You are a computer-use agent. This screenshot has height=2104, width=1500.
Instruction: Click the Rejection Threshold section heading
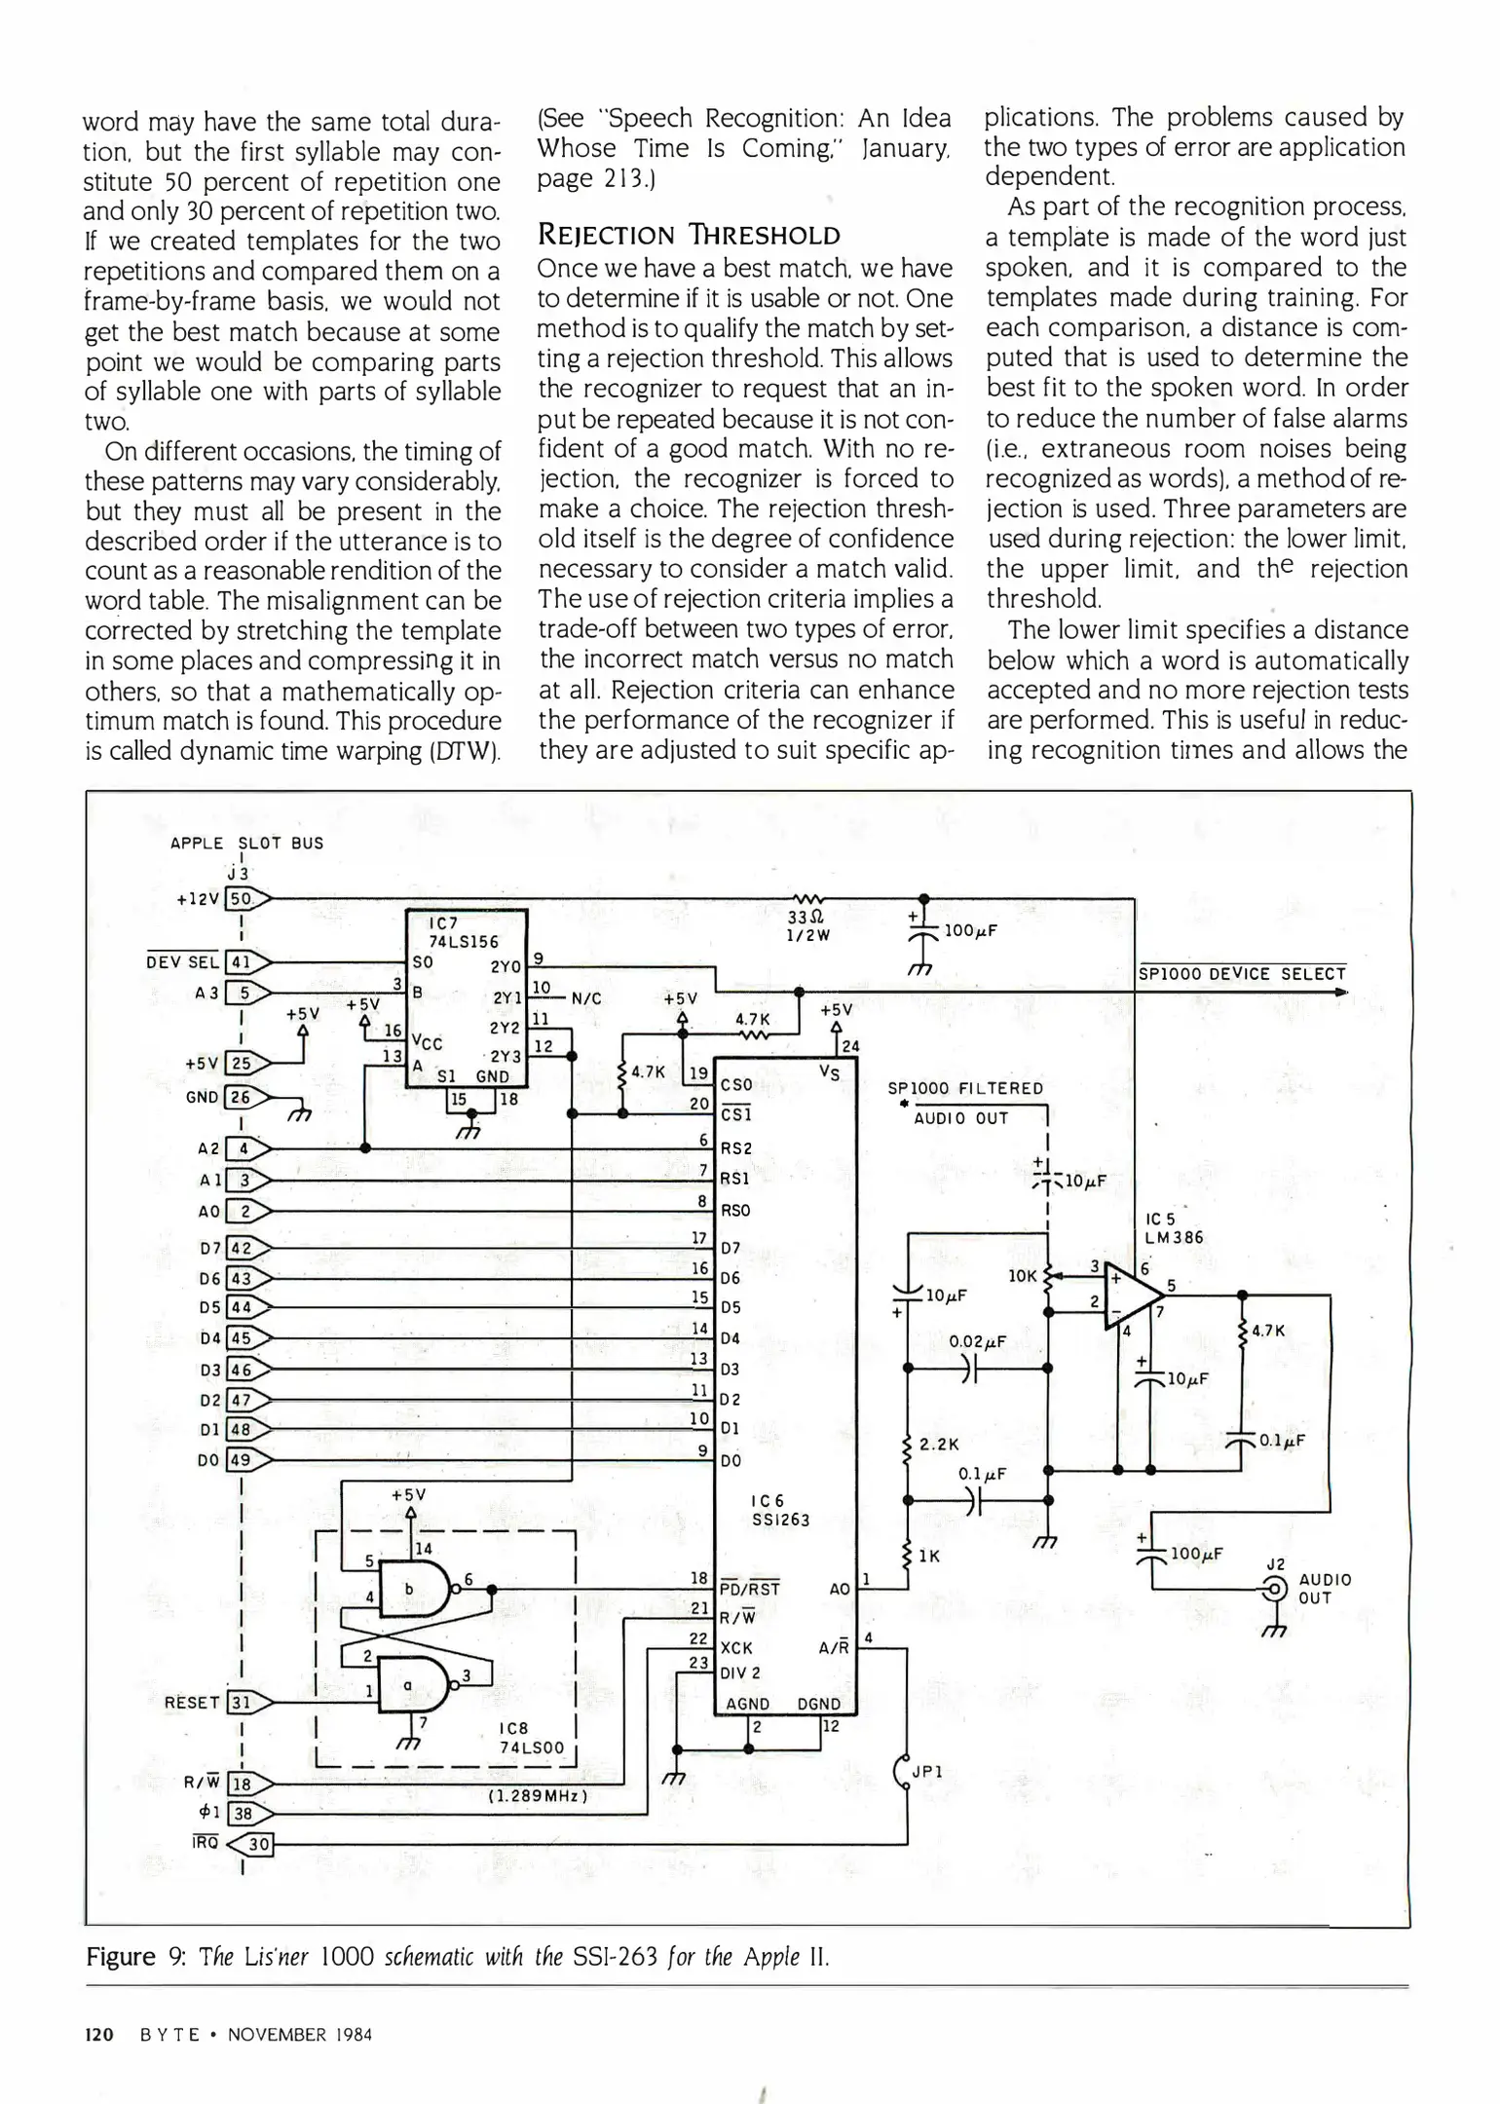coord(689,235)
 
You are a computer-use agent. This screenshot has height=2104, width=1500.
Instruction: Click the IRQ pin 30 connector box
coord(259,1844)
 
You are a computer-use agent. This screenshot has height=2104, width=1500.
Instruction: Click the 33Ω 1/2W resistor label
coord(806,925)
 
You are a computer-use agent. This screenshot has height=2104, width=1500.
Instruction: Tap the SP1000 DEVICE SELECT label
coord(1242,973)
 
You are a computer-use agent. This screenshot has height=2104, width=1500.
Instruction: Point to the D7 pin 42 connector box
coord(240,1249)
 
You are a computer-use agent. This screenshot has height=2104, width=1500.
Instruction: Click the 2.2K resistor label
coord(939,1445)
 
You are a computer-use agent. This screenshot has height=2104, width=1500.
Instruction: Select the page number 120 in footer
coord(99,2035)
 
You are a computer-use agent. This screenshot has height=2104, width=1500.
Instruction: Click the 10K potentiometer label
coord(1022,1275)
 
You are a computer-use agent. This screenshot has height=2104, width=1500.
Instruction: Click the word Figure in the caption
coord(121,1957)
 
